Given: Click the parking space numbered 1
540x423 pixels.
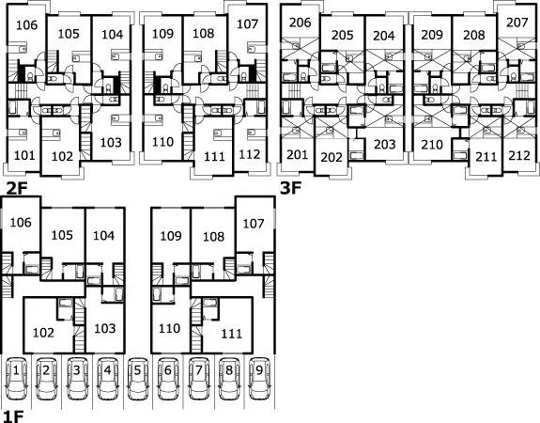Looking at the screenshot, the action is click(16, 379).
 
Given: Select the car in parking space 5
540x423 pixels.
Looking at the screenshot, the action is click(138, 379).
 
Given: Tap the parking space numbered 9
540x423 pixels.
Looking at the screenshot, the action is click(259, 379).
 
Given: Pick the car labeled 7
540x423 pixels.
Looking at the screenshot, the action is click(199, 379).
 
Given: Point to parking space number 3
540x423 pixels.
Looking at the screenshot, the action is click(77, 379).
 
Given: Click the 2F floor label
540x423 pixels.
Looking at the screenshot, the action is click(17, 188).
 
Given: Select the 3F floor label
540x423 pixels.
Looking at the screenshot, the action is click(291, 188).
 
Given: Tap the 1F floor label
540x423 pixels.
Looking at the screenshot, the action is click(13, 416).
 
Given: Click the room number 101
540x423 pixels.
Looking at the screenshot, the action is click(24, 155).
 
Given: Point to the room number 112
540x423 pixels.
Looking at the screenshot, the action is click(249, 154).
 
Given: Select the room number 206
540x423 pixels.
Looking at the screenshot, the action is click(300, 23).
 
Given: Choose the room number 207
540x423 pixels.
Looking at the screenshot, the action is click(517, 23).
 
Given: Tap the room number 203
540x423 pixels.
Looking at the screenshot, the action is click(384, 144).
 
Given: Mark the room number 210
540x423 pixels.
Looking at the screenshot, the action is click(432, 145).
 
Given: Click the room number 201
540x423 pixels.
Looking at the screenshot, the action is click(297, 155).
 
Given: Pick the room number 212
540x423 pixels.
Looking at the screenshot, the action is click(519, 155).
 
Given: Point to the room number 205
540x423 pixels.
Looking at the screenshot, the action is click(343, 35).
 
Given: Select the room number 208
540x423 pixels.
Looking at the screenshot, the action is click(474, 35).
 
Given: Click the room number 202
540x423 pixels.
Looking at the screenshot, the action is click(332, 157).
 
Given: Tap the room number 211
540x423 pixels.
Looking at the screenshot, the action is click(486, 157).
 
